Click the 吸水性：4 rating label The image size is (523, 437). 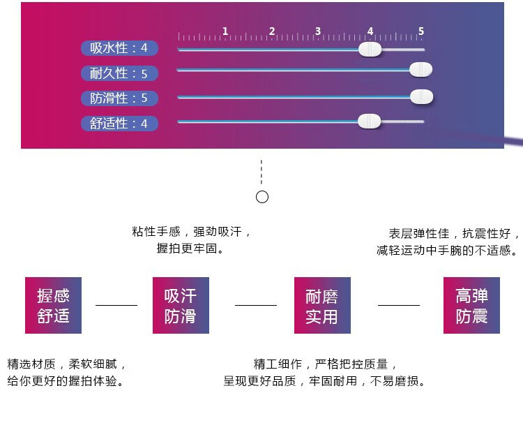point(119,48)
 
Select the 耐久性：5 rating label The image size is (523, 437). point(119,73)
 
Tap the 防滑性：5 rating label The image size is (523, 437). point(119,98)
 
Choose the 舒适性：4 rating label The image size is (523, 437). point(119,124)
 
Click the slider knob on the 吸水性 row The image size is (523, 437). point(370,50)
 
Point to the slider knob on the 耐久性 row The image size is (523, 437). point(421,69)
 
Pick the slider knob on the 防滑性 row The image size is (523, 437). point(422,96)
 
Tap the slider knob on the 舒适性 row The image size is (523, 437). point(369,121)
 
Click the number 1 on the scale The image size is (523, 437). point(225,31)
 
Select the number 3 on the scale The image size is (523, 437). point(318,31)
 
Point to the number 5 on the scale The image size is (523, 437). point(421,31)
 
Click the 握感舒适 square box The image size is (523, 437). point(54,305)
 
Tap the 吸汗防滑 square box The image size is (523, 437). point(181,305)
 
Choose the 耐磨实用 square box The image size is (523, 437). point(322,305)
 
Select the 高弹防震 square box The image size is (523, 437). point(471,305)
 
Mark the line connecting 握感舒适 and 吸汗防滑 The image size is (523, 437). point(116,305)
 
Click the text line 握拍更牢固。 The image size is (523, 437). point(190,249)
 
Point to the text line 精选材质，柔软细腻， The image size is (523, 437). point(66,364)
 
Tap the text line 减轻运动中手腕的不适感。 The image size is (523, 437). point(447,250)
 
